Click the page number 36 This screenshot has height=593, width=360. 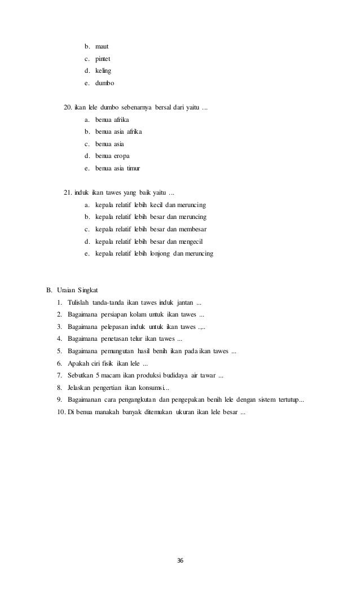[180, 560]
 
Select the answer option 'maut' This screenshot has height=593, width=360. [102, 46]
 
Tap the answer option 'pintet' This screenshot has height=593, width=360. [103, 58]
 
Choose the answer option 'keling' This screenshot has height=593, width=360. [103, 71]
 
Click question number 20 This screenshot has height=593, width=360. [68, 107]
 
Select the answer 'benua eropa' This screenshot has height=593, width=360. [115, 156]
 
